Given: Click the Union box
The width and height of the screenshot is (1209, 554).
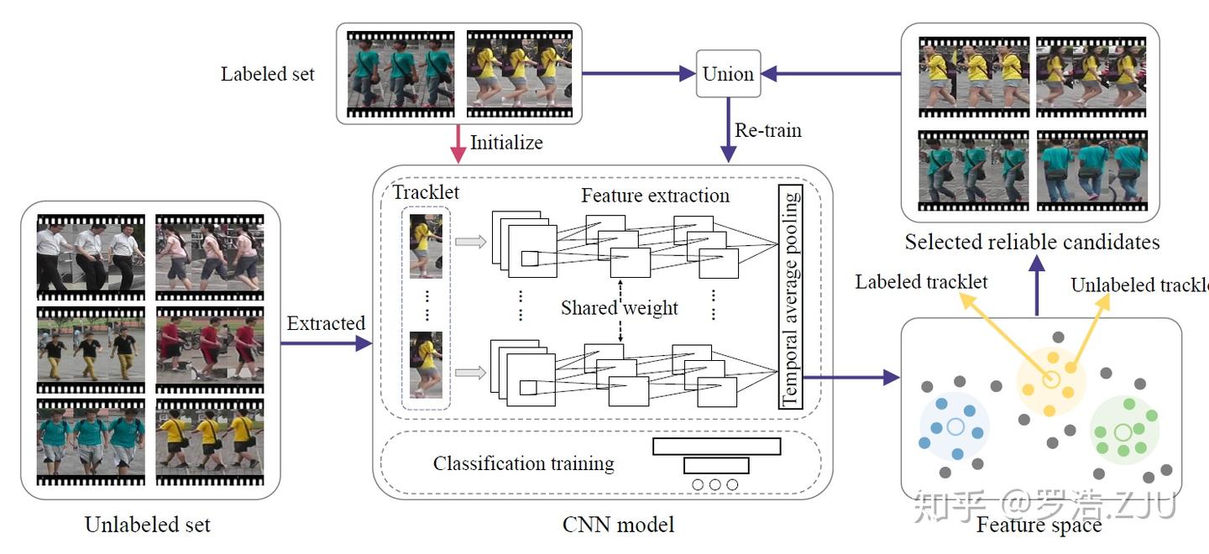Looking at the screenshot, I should click(728, 74).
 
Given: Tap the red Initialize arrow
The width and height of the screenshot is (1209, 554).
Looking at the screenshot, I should click(458, 144).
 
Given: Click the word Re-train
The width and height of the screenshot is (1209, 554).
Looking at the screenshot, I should click(768, 130).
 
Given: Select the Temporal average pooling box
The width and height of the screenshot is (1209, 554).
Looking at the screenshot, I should click(791, 296).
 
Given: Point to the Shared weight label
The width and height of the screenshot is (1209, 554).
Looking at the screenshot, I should click(619, 307).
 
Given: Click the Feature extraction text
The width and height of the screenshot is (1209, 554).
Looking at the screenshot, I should click(655, 196).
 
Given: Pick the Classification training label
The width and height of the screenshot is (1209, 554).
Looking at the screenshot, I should click(523, 463).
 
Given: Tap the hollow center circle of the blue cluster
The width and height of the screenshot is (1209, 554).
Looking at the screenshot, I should click(955, 427).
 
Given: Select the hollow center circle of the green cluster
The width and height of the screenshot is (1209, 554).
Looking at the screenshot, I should click(1123, 432).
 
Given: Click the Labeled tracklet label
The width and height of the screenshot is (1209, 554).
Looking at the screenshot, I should click(921, 282).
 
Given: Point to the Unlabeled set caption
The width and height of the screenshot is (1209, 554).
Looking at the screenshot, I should click(148, 525).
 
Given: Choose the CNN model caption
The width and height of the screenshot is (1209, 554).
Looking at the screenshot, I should click(618, 525).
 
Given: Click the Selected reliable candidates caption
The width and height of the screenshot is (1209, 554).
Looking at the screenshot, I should click(1032, 243).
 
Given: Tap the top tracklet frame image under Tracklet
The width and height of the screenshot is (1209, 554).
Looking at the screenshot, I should click(426, 245).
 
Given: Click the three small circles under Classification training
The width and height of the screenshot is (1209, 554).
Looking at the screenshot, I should click(715, 484).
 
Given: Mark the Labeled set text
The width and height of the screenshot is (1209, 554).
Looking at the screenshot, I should click(267, 74).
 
